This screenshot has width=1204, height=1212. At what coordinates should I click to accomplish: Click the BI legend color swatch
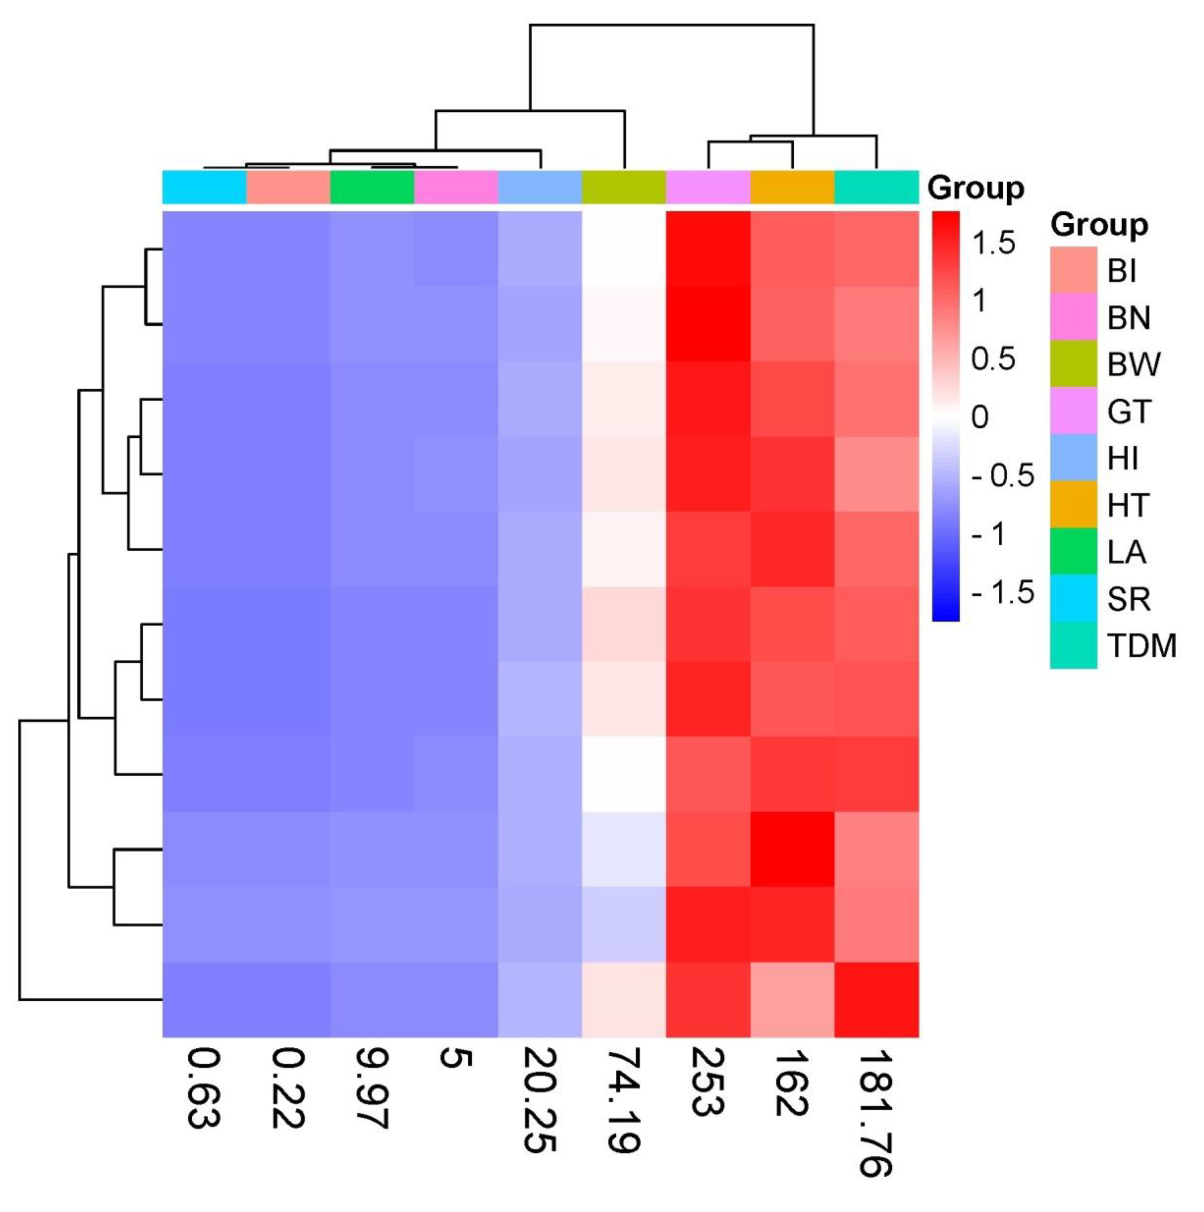tap(1073, 270)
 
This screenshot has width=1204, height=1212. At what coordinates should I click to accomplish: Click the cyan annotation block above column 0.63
tap(205, 187)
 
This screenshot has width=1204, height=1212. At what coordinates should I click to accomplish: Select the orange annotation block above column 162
tap(792, 187)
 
